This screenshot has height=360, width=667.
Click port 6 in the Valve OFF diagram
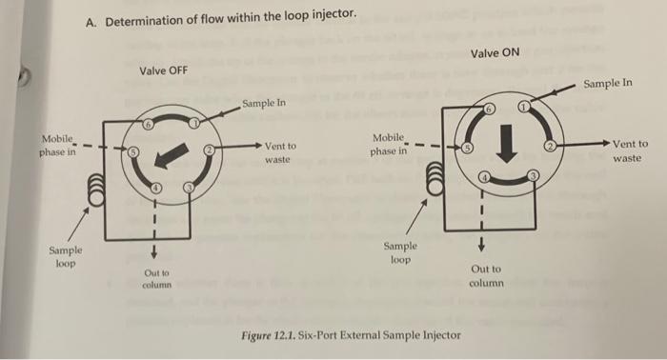[149, 125]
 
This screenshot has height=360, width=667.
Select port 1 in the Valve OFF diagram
[194, 123]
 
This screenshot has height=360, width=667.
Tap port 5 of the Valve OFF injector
[134, 151]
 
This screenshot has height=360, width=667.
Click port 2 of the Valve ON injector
[549, 147]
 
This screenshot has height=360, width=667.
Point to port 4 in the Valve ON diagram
[484, 178]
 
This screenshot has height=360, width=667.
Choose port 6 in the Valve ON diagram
[490, 110]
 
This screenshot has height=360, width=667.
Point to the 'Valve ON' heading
[495, 51]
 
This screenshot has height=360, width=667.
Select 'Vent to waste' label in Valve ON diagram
[629, 150]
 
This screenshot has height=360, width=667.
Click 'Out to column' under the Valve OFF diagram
[155, 278]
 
